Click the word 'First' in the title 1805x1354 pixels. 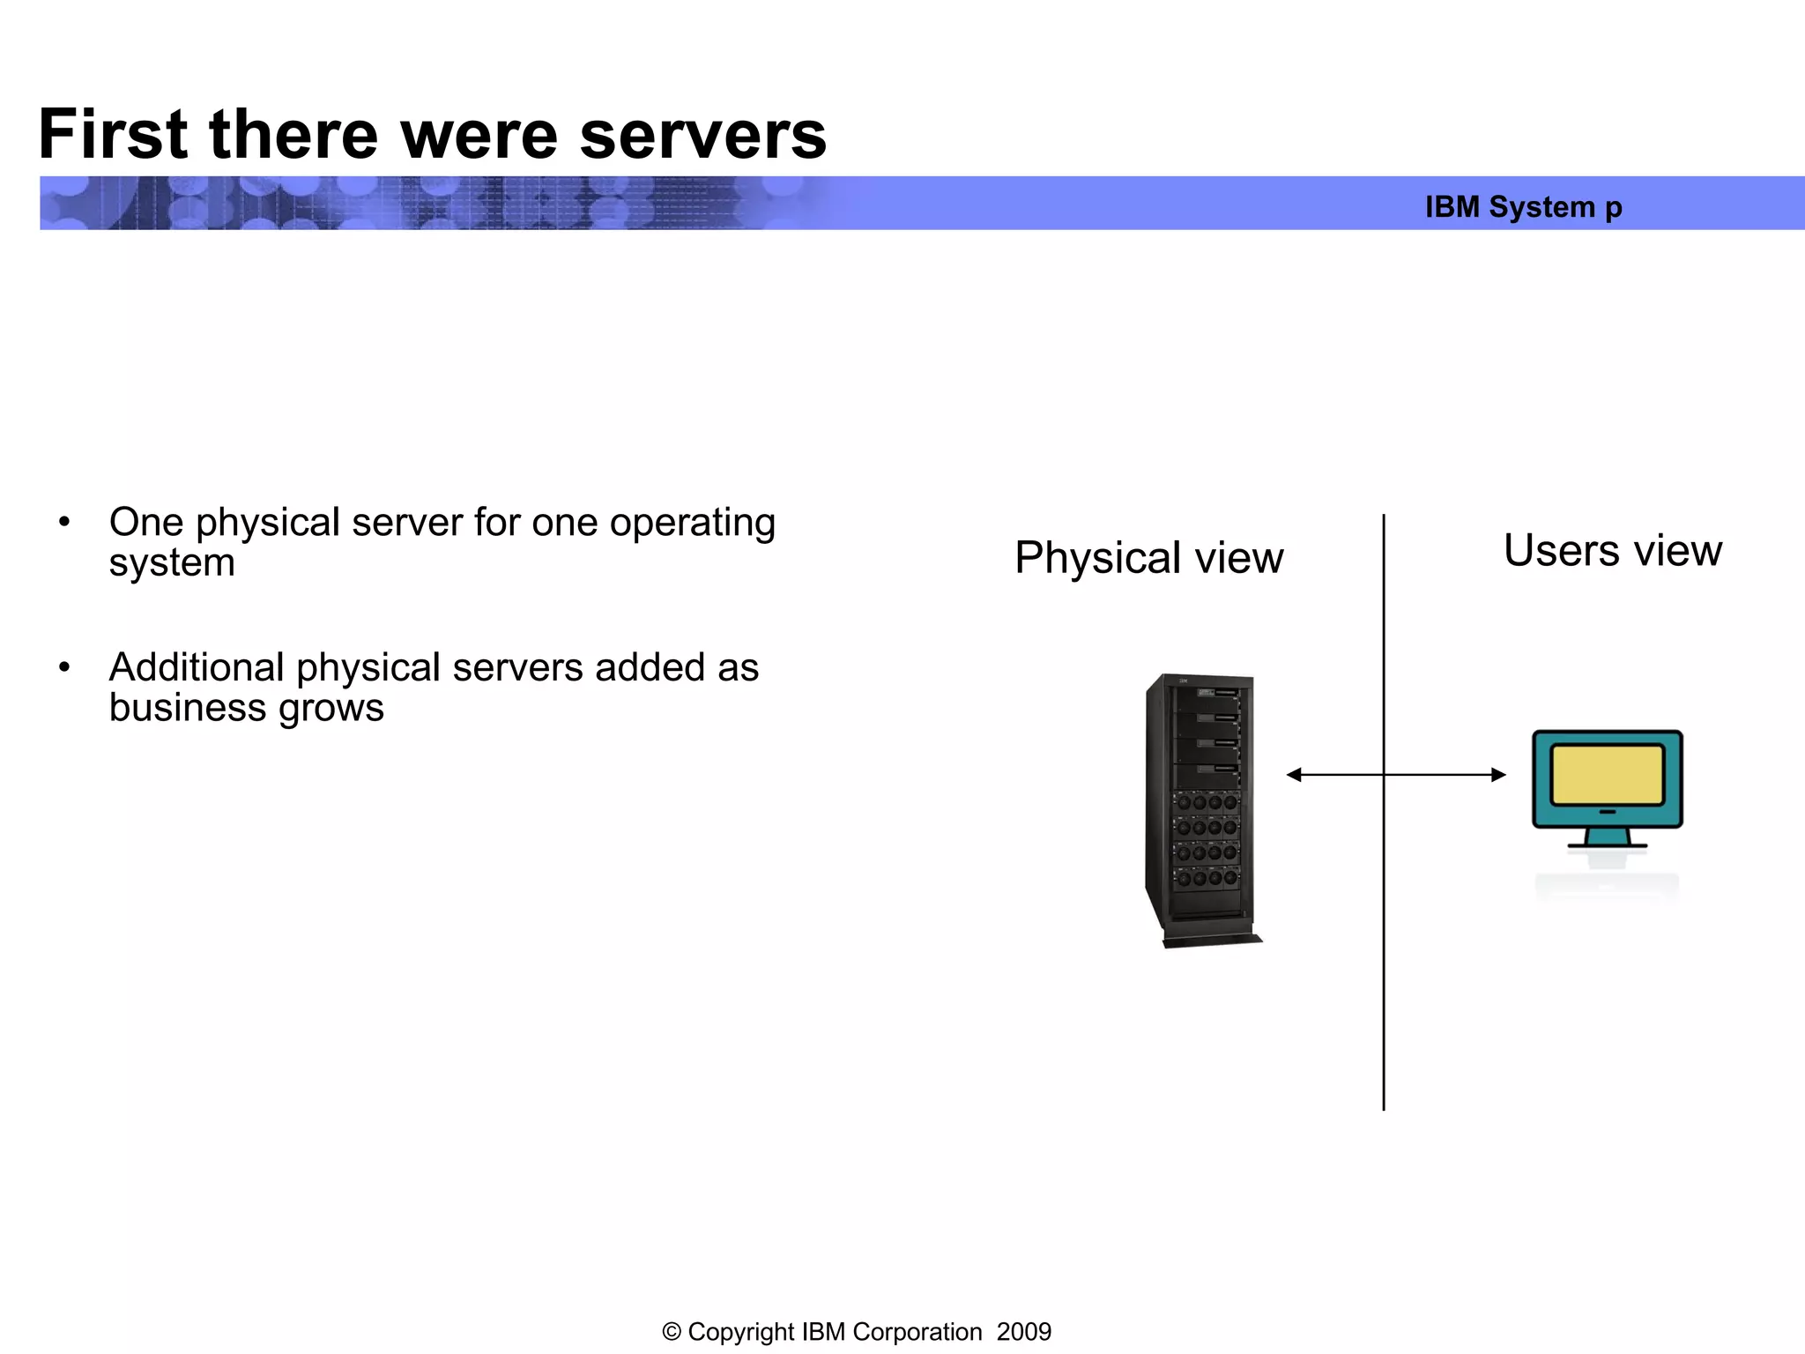pyautogui.click(x=113, y=135)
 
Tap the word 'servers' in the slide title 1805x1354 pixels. pyautogui.click(x=702, y=135)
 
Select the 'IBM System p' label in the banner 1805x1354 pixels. pyautogui.click(x=1523, y=207)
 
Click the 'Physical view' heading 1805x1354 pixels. pyautogui.click(x=1148, y=558)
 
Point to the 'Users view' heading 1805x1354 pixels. pyautogui.click(x=1612, y=551)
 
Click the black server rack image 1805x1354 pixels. pyautogui.click(x=1201, y=809)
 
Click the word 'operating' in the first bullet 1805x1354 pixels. pyautogui.click(x=692, y=523)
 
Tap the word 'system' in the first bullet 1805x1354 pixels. pyautogui.click(x=172, y=563)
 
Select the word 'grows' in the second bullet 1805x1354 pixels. pyautogui.click(x=331, y=708)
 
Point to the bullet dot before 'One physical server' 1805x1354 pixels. pyautogui.click(x=63, y=522)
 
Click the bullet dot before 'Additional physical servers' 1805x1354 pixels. pyautogui.click(x=63, y=667)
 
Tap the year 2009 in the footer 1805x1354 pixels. pyautogui.click(x=1023, y=1332)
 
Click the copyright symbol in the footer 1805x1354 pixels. pyautogui.click(x=672, y=1332)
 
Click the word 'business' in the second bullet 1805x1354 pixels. pyautogui.click(x=188, y=708)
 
